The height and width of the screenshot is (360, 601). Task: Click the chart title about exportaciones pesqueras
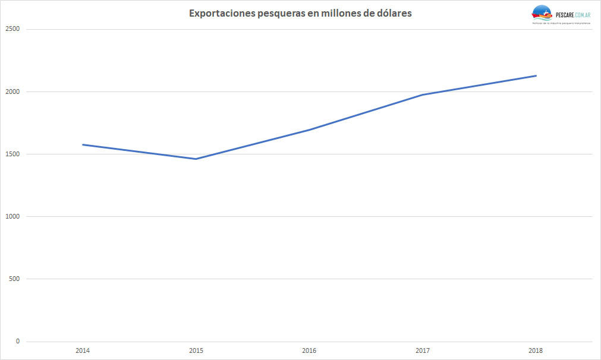300,13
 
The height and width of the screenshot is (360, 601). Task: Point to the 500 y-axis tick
14,279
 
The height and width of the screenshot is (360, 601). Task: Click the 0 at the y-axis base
18,341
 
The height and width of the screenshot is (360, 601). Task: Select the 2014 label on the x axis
83,350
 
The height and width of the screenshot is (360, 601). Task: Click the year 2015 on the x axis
196,350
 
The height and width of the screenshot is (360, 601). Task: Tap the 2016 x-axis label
309,350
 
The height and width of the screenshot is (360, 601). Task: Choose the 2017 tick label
423,350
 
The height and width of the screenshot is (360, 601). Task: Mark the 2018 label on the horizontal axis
536,350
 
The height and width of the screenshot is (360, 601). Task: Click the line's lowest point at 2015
196,159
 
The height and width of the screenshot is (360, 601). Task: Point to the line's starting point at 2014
83,144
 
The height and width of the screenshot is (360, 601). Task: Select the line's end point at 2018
536,75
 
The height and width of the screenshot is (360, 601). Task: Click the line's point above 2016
309,130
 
